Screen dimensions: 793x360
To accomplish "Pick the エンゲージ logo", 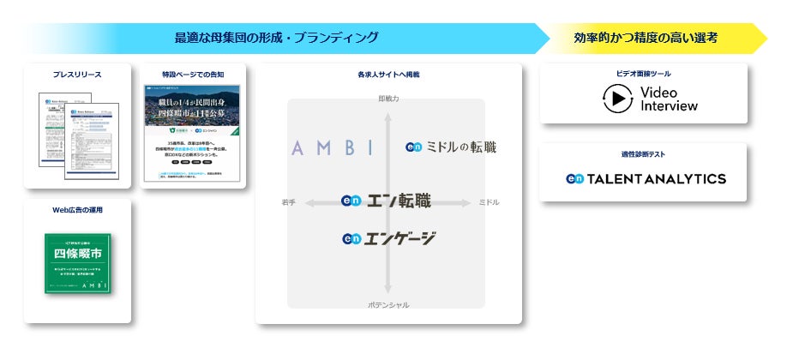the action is (388, 238).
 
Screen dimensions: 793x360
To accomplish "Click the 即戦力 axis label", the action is (388, 99).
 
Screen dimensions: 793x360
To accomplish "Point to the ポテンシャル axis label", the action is (387, 304).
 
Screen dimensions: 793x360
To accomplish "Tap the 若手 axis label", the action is (288, 202).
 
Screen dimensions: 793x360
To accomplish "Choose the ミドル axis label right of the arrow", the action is (488, 202).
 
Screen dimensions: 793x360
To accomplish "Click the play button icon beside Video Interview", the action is (616, 99).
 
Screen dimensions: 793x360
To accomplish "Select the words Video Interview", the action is (669, 99).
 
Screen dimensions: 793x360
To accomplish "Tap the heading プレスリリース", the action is (77, 75).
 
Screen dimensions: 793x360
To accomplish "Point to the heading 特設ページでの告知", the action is (193, 75).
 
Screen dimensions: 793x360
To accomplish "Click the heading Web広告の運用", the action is (77, 210).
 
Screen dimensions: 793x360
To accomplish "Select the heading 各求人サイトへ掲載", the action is (388, 75).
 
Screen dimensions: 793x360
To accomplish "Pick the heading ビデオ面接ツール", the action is (643, 74).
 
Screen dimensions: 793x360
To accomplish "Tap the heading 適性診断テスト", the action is (643, 154).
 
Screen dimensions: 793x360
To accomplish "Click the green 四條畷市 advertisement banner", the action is (77, 263).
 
